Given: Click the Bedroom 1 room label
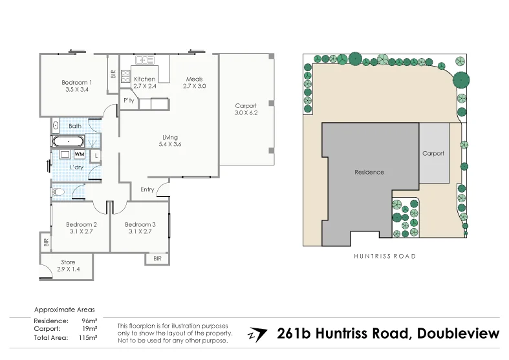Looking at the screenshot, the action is [76, 82].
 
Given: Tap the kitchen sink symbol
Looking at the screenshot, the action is [145, 60].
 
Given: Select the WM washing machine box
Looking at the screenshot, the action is [80, 154].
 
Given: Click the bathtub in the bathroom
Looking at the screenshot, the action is [69, 142].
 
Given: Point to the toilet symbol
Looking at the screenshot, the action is [58, 192].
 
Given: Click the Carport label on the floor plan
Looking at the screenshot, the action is [246, 106].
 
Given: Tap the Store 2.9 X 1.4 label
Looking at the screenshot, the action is [68, 266].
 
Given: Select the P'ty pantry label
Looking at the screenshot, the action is [129, 101].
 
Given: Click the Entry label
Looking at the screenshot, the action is [147, 189].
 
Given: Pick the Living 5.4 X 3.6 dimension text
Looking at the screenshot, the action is [170, 144].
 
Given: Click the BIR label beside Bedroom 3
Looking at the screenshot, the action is [157, 259].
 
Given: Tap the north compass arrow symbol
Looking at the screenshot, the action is [257, 335].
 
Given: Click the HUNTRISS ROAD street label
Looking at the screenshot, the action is [385, 256].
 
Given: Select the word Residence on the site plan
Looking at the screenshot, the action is [369, 172].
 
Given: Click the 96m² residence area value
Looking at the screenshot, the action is [89, 321].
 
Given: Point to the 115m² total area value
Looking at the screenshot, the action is [88, 337].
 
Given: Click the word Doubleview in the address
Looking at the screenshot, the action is [458, 334].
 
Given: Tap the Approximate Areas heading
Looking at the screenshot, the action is [65, 310].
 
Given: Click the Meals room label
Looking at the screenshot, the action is [194, 79].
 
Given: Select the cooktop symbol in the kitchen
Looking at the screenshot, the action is [125, 77].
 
